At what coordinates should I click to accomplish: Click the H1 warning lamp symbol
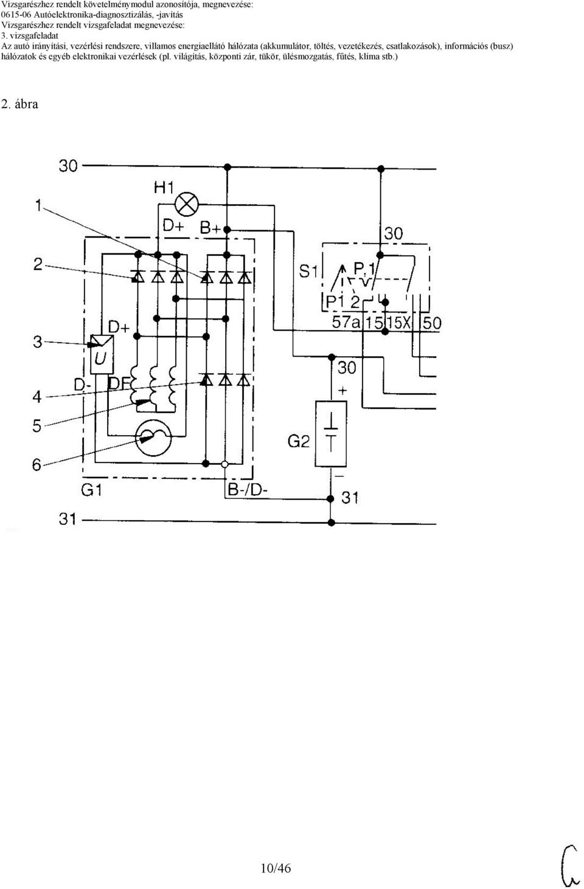tap(186, 204)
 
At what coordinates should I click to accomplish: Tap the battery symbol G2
tap(330, 434)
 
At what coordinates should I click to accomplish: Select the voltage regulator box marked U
tap(102, 354)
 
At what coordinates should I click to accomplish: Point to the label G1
tap(91, 490)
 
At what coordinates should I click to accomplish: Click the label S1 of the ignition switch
tap(308, 272)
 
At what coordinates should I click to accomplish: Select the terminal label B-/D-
tap(248, 490)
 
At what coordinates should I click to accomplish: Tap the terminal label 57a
tap(346, 322)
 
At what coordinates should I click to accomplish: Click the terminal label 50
tap(431, 323)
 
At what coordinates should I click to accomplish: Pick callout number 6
tap(37, 464)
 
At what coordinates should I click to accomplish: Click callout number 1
tap(38, 205)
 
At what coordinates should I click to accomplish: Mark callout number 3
tap(37, 342)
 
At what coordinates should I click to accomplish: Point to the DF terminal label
tap(119, 383)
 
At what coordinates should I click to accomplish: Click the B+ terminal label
tap(210, 228)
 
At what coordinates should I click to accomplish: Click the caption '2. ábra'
tap(20, 104)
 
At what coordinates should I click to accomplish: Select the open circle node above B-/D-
tap(224, 464)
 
